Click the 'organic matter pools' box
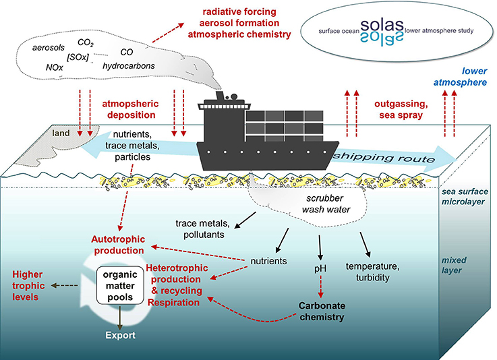click(x=122, y=287)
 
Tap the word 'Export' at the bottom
click(x=121, y=334)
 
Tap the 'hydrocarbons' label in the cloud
click(x=129, y=66)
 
